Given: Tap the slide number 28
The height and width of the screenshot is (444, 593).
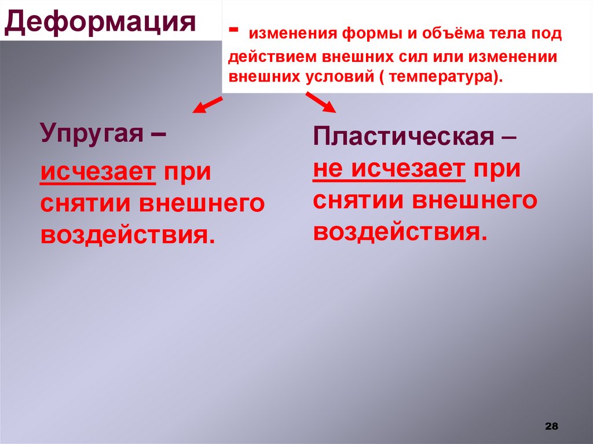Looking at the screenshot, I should pos(551,426).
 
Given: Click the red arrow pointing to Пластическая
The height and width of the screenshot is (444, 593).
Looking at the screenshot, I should pos(320,103).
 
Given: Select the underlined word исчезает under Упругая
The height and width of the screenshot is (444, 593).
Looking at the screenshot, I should pos(98,172).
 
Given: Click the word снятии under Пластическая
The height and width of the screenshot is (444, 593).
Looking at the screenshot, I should pos(358,201).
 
